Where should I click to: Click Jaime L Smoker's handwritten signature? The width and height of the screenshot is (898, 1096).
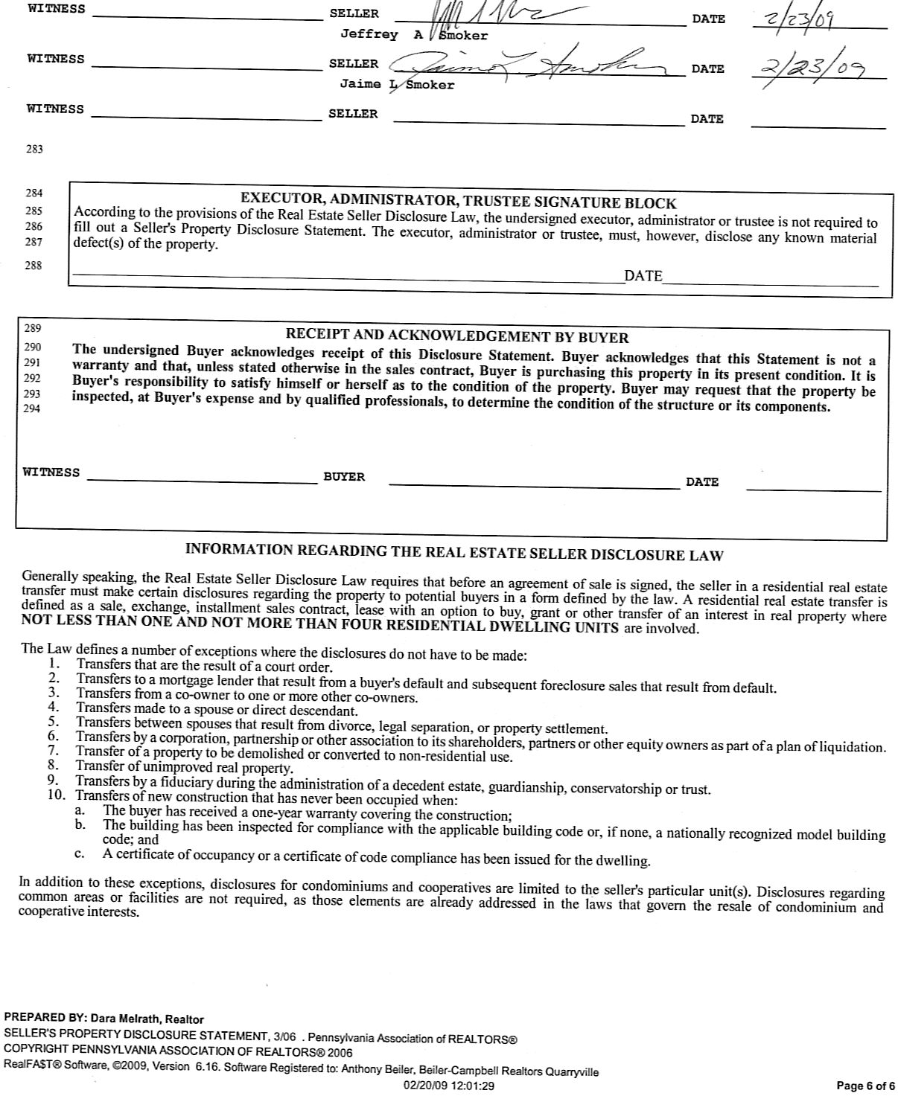click(x=521, y=63)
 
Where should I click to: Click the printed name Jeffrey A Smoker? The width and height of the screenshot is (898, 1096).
click(x=414, y=35)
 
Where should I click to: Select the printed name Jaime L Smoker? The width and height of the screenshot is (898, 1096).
click(x=397, y=84)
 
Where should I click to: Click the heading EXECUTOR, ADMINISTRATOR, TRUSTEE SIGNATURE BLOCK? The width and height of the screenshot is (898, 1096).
click(x=458, y=201)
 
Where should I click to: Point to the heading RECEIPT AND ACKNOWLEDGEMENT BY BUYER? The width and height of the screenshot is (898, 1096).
click(x=457, y=337)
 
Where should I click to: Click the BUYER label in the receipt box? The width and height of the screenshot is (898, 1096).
click(x=344, y=477)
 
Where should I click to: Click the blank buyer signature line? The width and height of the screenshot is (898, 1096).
click(x=534, y=484)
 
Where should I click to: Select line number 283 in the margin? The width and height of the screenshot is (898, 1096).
click(x=34, y=149)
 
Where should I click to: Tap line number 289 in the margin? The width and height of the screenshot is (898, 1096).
click(x=33, y=328)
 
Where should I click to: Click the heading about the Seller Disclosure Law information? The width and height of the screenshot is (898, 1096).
click(x=454, y=552)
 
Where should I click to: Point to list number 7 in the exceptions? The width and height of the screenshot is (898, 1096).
click(x=53, y=750)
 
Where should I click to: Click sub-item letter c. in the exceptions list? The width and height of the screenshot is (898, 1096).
click(x=79, y=854)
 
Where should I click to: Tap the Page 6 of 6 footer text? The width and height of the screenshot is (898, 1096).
click(x=866, y=1086)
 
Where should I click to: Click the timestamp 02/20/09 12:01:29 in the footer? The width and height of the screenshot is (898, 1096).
click(x=448, y=1086)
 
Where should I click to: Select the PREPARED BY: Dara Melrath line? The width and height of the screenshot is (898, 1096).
click(x=104, y=1019)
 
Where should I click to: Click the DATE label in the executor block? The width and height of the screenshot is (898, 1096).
click(x=643, y=276)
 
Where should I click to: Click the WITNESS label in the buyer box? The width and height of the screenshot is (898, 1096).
click(x=51, y=472)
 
